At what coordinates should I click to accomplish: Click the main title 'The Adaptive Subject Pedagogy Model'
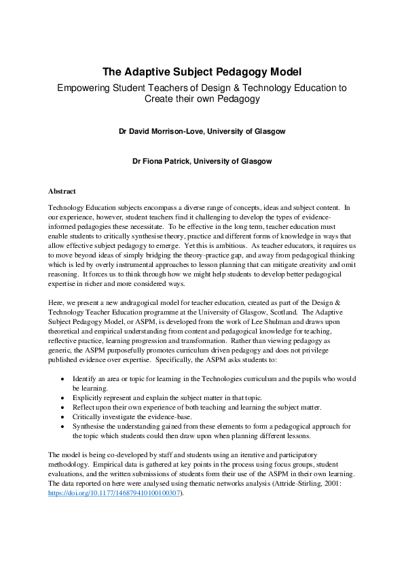(202, 71)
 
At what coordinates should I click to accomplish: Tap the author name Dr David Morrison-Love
(202, 130)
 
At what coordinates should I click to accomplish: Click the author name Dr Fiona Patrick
(202, 162)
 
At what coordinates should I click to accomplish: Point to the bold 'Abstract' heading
(62, 192)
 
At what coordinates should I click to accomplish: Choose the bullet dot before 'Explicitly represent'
(64, 397)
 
